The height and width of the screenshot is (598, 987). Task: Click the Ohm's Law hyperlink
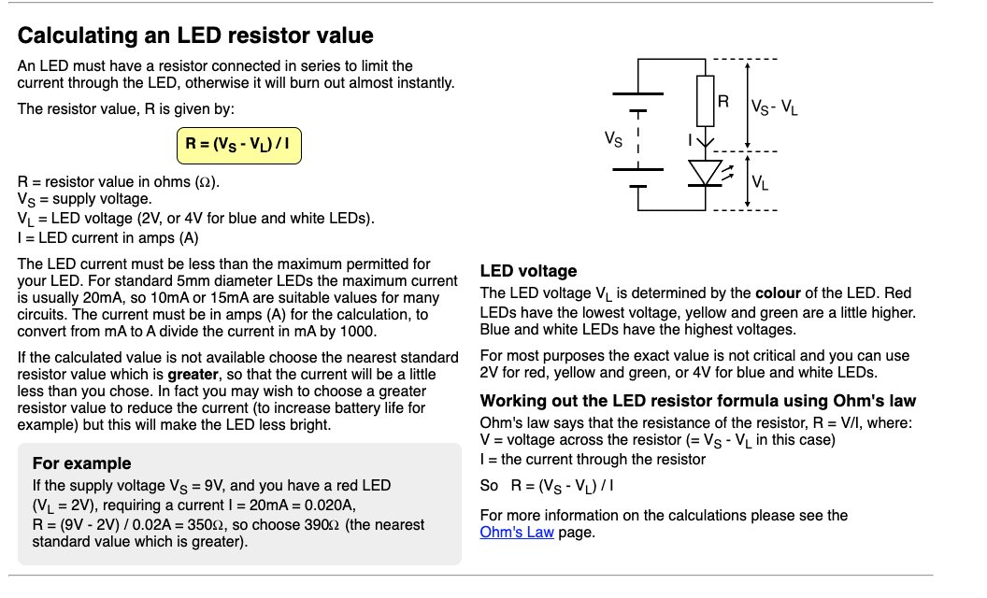(x=516, y=533)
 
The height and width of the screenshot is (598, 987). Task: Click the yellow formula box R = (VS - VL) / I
(x=238, y=146)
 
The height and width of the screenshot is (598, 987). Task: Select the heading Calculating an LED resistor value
(x=195, y=36)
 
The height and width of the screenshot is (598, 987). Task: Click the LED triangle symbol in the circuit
(x=706, y=173)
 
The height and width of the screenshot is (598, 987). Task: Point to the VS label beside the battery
(x=614, y=140)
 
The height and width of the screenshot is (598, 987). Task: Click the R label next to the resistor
(x=723, y=101)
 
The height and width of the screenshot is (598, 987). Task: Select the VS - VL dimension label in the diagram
(x=777, y=107)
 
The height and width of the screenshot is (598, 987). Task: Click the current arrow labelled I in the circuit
(x=706, y=139)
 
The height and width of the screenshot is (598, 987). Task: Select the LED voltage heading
(x=528, y=271)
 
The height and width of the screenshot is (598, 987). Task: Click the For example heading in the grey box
(x=81, y=463)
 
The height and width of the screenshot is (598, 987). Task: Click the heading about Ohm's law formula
(x=697, y=401)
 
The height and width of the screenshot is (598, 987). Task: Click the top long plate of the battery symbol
(x=637, y=94)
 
